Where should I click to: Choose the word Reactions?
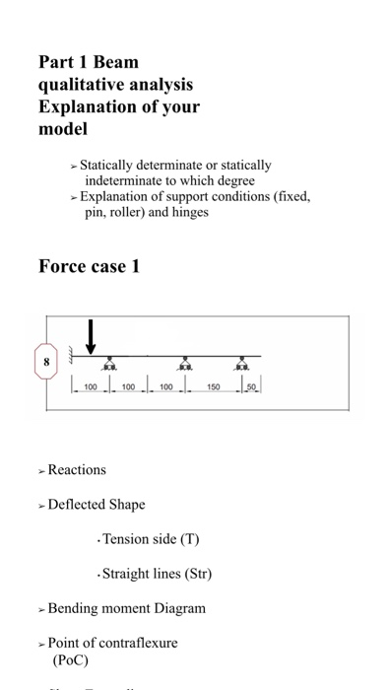77,470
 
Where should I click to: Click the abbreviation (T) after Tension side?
188,538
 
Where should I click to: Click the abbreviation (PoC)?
70,659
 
